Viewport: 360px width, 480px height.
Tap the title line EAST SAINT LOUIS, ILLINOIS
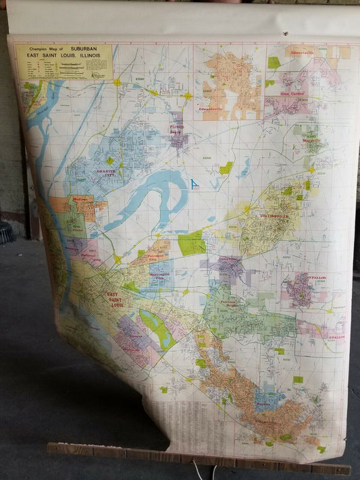[63, 56]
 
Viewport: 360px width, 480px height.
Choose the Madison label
[80, 199]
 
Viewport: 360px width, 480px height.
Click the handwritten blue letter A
[195, 184]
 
